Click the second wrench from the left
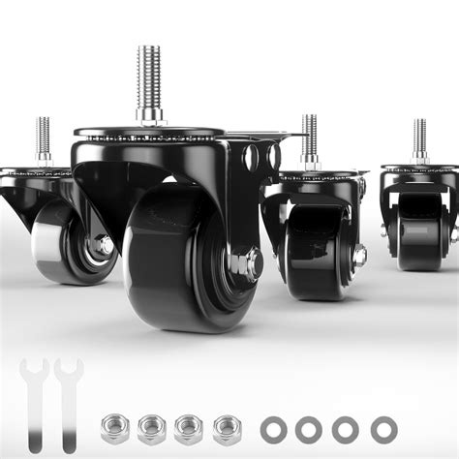(x=67, y=397)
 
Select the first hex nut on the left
(x=115, y=426)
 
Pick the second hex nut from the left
(x=151, y=426)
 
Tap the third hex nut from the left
(x=188, y=426)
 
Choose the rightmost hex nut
(x=226, y=426)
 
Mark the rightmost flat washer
(x=383, y=427)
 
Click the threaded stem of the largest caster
(x=148, y=77)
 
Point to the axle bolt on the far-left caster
(x=102, y=245)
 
